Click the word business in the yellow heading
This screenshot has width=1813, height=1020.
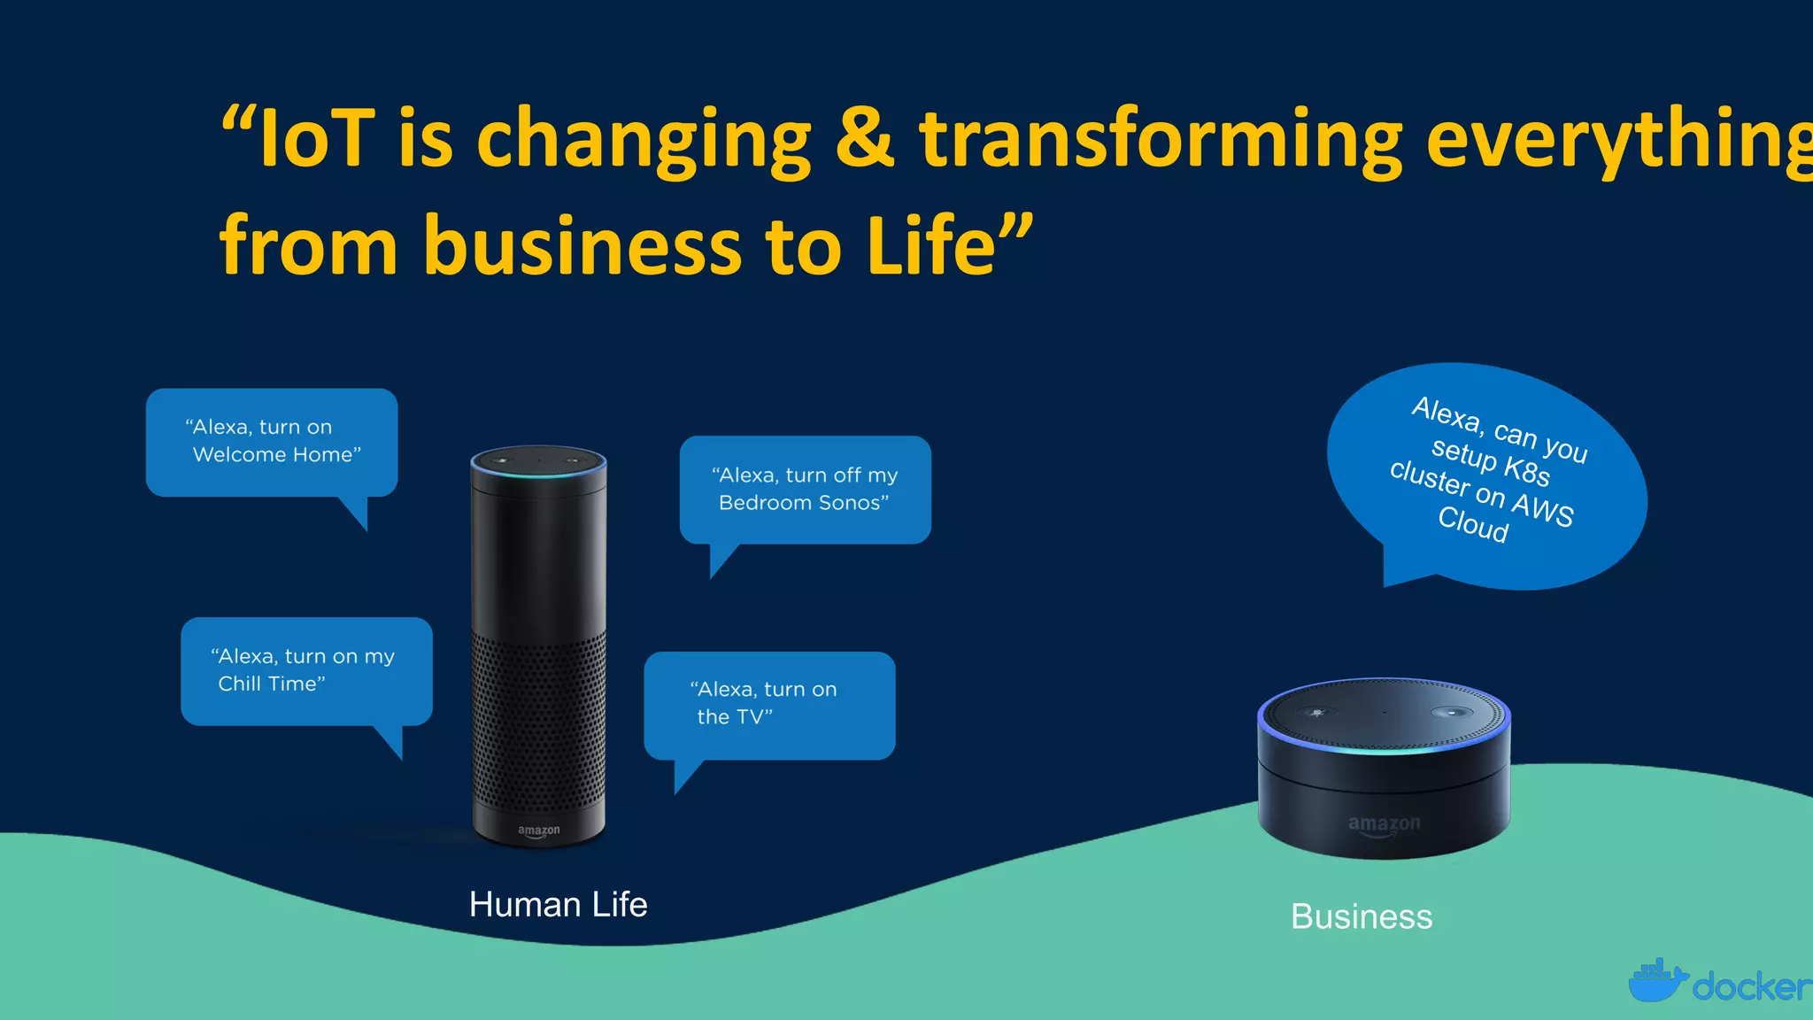(582, 245)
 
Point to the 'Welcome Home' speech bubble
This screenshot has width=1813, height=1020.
(272, 442)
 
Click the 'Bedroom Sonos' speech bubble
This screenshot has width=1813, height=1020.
(805, 489)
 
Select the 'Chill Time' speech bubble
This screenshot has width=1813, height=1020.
(306, 670)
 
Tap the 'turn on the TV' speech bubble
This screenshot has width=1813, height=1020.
(768, 704)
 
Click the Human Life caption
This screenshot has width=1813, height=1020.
(558, 905)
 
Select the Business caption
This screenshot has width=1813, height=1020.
(1362, 917)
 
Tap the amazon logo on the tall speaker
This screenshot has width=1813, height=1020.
(538, 831)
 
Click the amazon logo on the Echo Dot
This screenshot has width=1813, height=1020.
(1384, 824)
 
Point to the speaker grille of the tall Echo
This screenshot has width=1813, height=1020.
(538, 717)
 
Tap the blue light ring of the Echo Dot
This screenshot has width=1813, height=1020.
(1383, 746)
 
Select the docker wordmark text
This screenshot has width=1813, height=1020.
(1751, 986)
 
